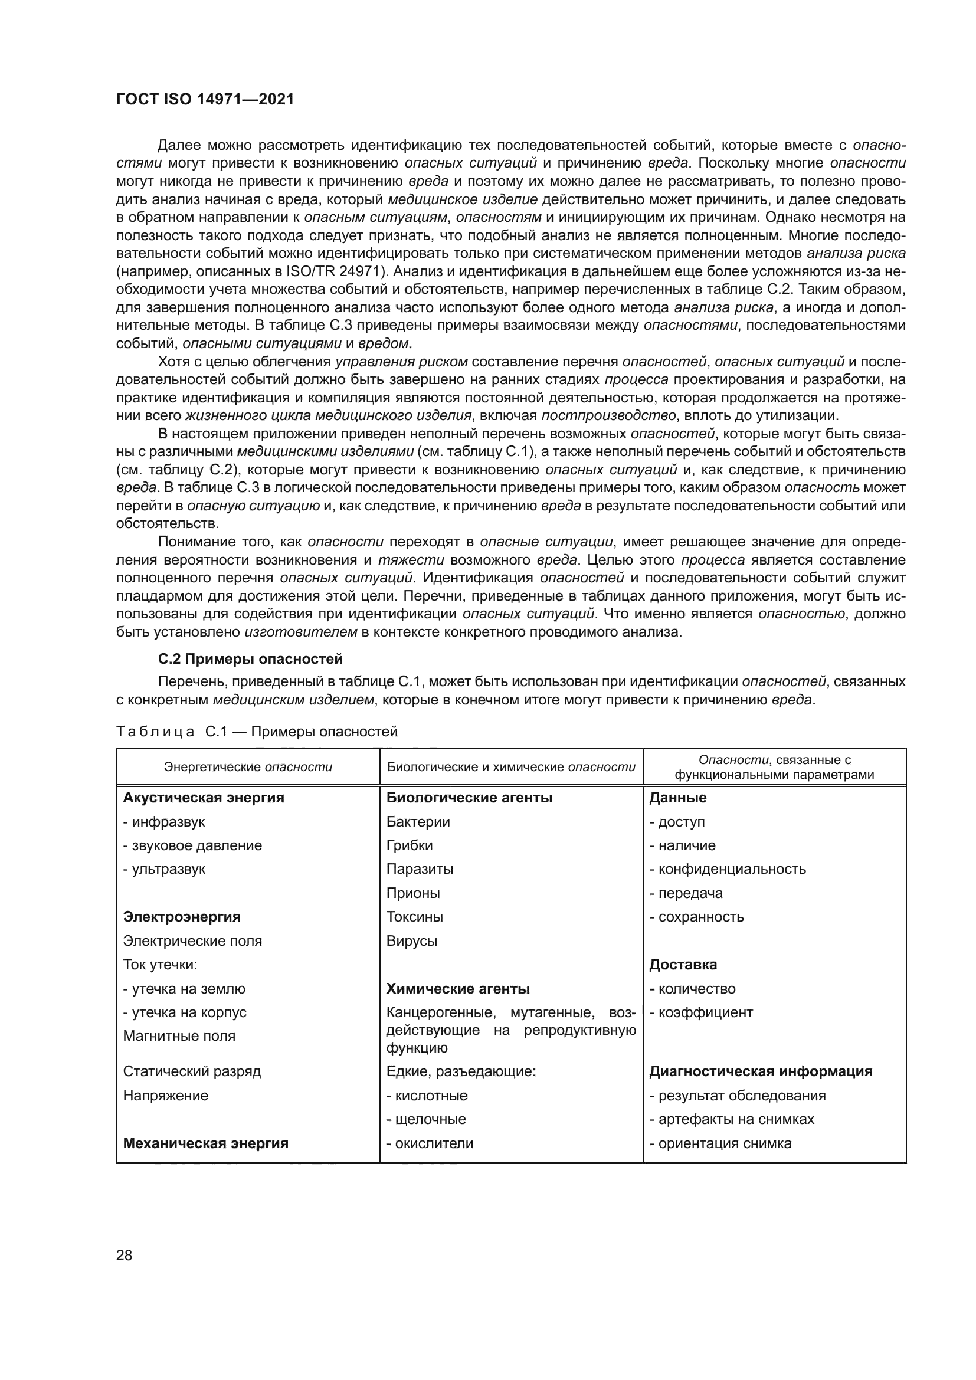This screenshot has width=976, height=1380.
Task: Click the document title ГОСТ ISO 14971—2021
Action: tap(205, 99)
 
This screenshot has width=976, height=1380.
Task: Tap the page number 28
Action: tap(124, 1255)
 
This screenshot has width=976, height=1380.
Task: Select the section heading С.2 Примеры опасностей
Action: tap(250, 659)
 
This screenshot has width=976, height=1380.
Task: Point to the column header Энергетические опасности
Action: tap(248, 767)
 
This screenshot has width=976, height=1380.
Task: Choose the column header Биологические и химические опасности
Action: tap(511, 767)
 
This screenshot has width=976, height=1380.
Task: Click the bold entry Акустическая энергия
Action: tap(203, 798)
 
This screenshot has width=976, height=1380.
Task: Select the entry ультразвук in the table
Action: tap(168, 869)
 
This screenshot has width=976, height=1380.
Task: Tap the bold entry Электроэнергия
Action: tap(182, 917)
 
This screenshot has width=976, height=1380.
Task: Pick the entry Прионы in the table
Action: tap(413, 893)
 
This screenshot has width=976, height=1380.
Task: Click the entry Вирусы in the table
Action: tap(412, 940)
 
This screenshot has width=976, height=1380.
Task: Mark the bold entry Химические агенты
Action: tap(457, 989)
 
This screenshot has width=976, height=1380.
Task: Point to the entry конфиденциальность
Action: tap(731, 869)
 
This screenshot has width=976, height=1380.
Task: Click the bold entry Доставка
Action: tap(683, 965)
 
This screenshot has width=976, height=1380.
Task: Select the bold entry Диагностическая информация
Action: tap(760, 1071)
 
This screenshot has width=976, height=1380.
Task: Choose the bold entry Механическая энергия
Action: tap(205, 1143)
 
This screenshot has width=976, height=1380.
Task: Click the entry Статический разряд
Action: tap(192, 1071)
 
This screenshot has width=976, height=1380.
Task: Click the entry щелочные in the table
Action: tap(430, 1119)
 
